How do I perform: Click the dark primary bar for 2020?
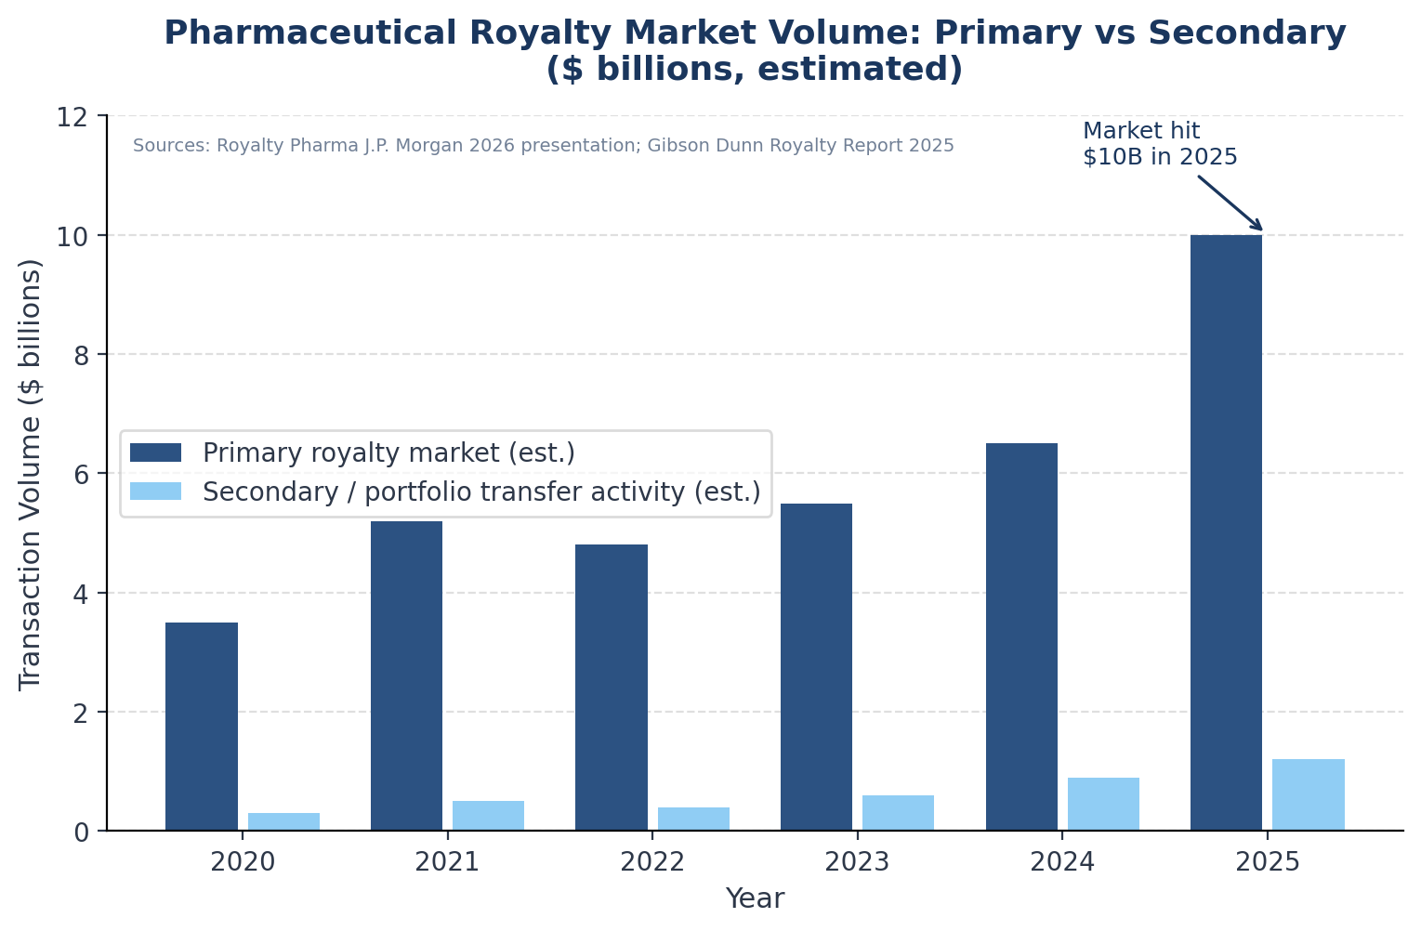click(x=202, y=727)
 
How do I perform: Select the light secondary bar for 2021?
click(x=488, y=816)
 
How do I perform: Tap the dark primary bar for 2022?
click(x=612, y=688)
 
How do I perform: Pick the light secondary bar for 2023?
click(x=898, y=813)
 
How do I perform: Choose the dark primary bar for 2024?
click(x=1021, y=637)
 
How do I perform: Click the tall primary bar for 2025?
click(x=1226, y=533)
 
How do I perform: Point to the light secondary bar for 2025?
click(x=1308, y=795)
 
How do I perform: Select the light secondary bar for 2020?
click(x=283, y=821)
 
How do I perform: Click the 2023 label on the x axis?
click(x=857, y=862)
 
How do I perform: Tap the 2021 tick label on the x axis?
click(x=447, y=862)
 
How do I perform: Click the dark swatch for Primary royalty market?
click(x=155, y=452)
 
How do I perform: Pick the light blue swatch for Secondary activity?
click(x=155, y=491)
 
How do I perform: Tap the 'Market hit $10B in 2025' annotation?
click(x=1159, y=144)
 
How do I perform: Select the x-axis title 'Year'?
click(x=755, y=898)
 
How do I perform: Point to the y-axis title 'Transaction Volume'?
click(x=31, y=474)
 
